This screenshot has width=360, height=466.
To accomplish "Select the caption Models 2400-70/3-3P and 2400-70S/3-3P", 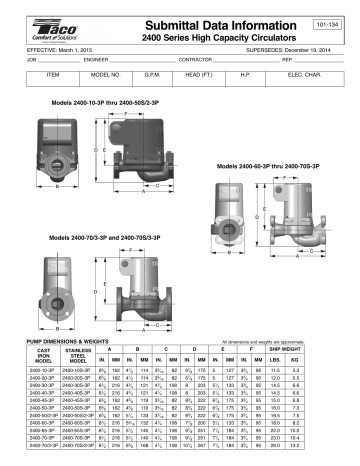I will point(113,240).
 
